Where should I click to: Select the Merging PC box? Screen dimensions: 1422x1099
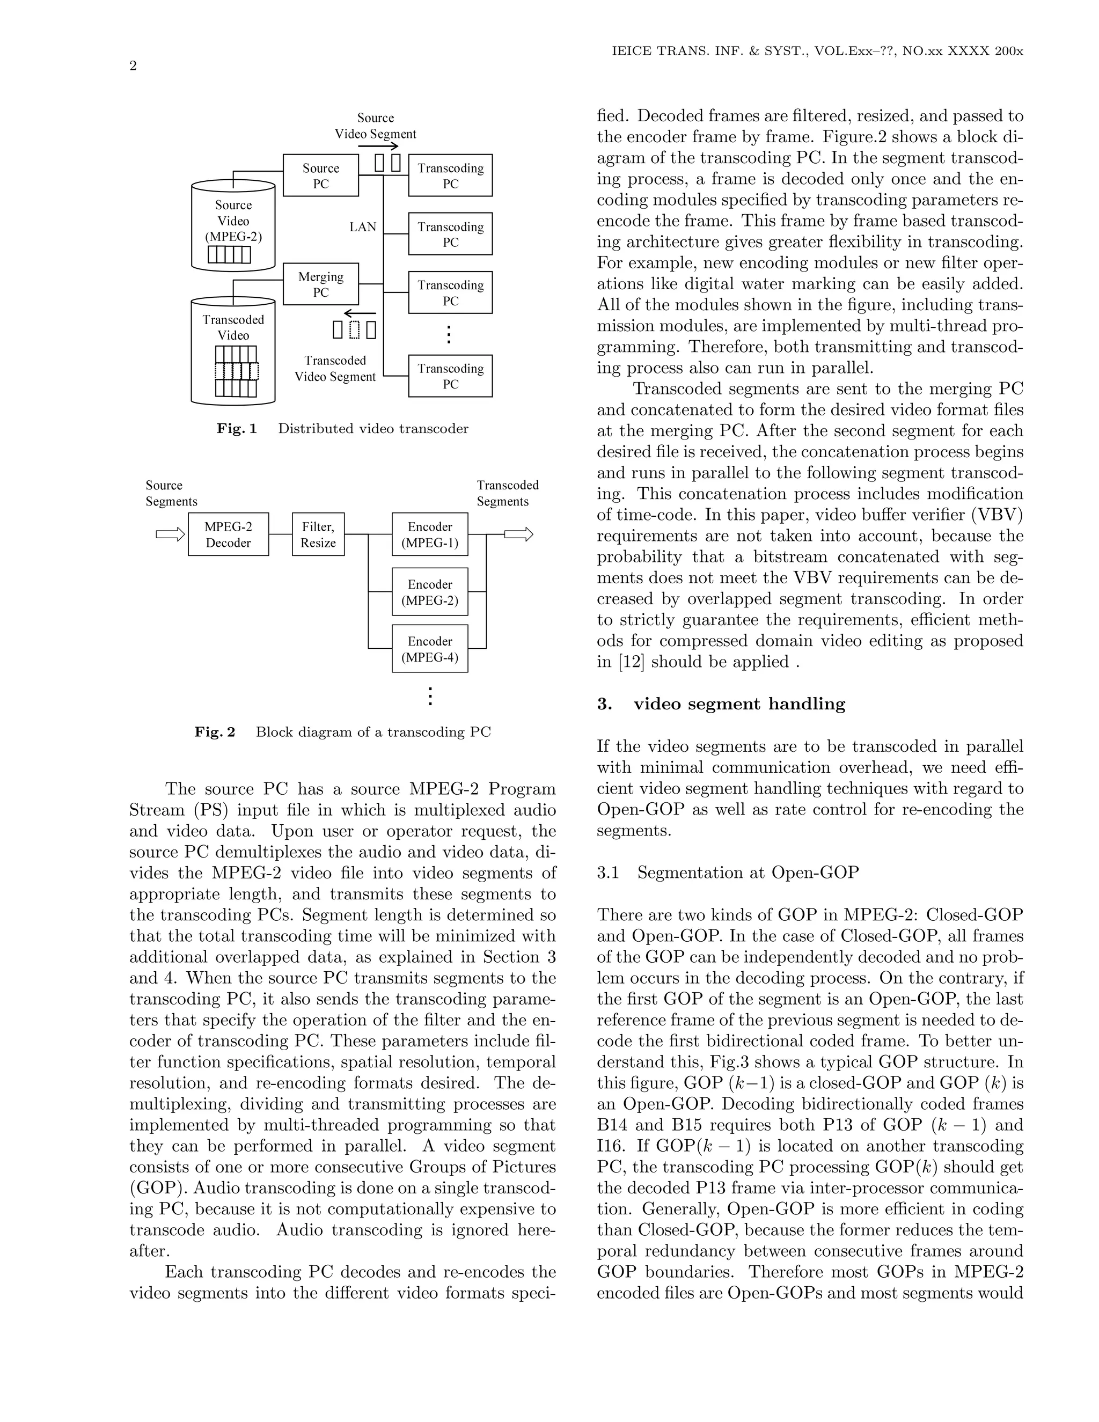pos(320,284)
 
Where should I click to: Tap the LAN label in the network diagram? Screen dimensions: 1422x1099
pos(363,227)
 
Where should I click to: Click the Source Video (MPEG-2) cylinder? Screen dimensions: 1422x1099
pos(233,225)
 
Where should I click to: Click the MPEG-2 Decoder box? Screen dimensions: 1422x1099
pos(228,534)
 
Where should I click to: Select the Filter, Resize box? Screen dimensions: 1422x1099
pos(318,534)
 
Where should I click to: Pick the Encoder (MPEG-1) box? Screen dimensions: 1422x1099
pos(430,534)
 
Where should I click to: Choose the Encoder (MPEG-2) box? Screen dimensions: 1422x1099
pos(430,592)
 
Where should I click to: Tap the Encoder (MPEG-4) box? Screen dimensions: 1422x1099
pos(430,649)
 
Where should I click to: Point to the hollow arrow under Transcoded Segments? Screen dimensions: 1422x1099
pos(518,534)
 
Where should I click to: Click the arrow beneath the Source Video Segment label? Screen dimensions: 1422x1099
pos(378,146)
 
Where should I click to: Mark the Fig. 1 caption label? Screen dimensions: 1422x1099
pos(237,428)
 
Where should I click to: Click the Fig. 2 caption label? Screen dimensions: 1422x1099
pos(214,732)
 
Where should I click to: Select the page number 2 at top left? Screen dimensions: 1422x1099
pos(133,66)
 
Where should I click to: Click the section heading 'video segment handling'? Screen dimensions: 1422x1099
pos(739,704)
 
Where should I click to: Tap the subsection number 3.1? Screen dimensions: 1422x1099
pos(607,873)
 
